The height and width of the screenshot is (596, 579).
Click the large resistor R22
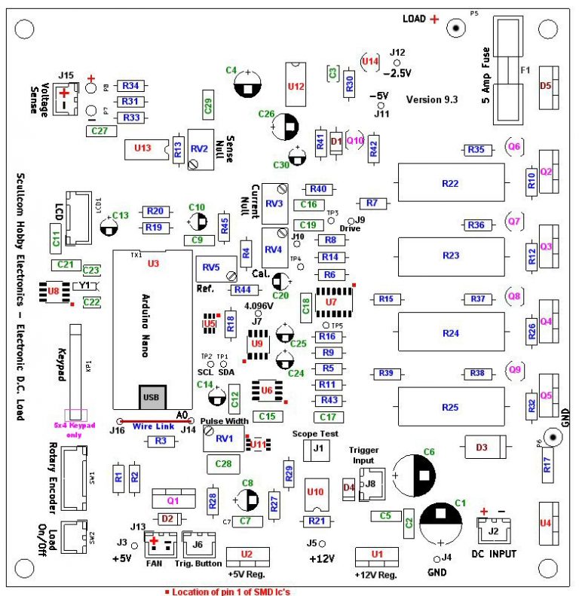[x=450, y=183]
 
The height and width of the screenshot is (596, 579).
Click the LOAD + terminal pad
[x=456, y=28]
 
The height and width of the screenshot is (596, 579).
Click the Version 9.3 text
[x=431, y=99]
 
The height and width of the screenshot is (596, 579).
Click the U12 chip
[x=296, y=87]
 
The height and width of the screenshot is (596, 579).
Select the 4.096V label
[x=260, y=306]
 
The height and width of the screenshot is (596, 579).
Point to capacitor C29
[x=209, y=105]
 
